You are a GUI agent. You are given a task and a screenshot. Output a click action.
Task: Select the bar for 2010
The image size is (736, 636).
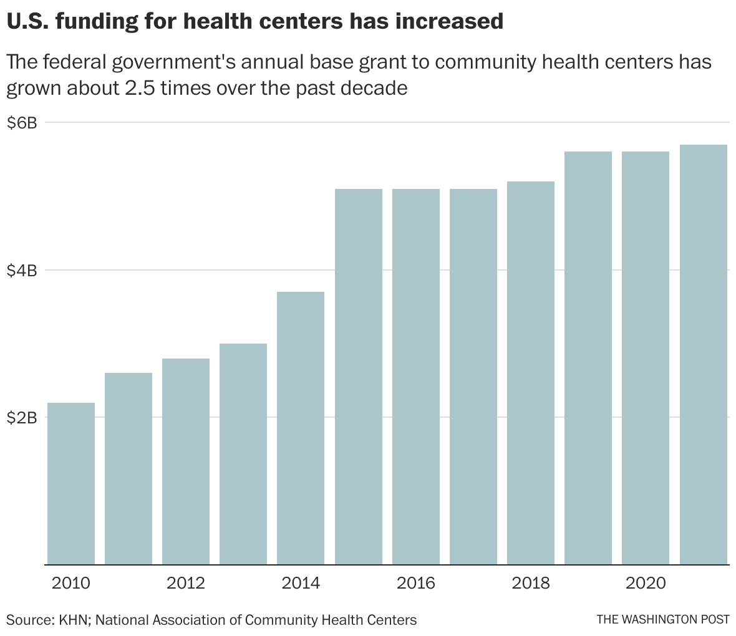point(71,483)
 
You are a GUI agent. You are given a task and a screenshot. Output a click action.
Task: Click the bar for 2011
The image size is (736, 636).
point(128,468)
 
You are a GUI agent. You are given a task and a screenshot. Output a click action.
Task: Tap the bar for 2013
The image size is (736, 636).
point(243,454)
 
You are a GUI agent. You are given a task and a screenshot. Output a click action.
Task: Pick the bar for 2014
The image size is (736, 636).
point(301,428)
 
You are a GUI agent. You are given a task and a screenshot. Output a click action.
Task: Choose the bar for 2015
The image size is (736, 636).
point(359,377)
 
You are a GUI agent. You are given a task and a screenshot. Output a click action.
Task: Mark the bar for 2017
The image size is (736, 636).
point(473,377)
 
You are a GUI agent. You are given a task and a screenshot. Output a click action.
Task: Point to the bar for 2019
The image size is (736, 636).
point(588,358)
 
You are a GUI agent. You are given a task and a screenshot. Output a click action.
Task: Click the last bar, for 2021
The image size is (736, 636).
point(704,354)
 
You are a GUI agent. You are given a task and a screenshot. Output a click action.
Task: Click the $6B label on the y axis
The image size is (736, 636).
point(22,123)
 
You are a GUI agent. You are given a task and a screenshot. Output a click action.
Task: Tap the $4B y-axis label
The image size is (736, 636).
point(22,271)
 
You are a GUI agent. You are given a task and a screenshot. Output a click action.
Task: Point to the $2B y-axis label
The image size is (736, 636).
point(22,418)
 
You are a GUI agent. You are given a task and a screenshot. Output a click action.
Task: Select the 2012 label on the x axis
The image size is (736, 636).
point(186,584)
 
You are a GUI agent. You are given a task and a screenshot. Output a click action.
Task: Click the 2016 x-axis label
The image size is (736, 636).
point(416,584)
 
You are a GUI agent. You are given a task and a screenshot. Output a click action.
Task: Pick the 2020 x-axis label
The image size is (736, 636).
point(646,584)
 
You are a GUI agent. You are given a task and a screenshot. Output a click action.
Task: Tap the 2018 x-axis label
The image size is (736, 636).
point(531,584)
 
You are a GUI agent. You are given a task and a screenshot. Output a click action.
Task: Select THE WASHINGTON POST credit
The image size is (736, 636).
point(662,620)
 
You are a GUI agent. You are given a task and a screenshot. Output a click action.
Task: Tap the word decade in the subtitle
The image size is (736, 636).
point(374,88)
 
